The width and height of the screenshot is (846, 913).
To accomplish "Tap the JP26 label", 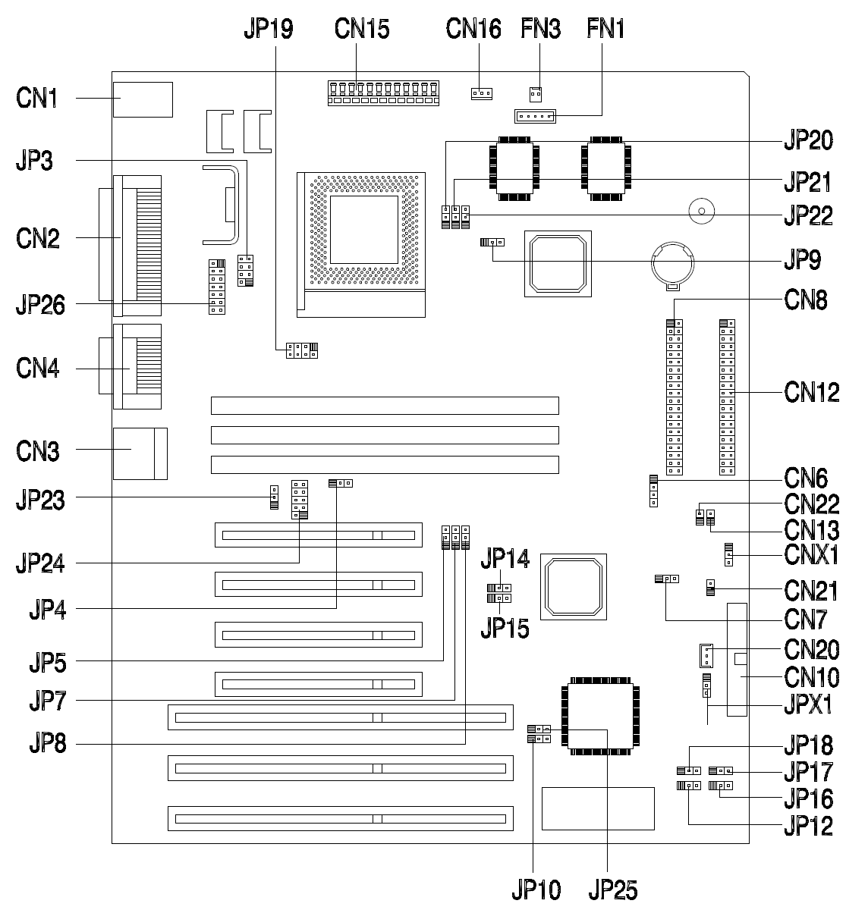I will click(40, 306).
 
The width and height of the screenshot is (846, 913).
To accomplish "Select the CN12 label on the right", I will click(812, 392).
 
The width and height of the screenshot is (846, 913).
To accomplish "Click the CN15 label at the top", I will click(362, 29).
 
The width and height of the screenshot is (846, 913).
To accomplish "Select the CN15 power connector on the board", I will click(384, 93).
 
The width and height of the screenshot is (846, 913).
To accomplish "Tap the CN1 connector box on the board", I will click(143, 99).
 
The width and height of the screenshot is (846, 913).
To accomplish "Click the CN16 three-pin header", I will click(481, 94).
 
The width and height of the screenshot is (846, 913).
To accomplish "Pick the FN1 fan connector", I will click(536, 116).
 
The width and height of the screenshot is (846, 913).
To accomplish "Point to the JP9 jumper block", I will click(492, 243).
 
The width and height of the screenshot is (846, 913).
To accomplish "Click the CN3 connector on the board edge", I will click(140, 453).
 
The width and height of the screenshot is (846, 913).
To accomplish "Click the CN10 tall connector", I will click(737, 660).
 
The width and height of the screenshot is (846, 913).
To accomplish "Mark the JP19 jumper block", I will click(302, 350).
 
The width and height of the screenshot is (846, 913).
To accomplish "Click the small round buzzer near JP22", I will click(700, 211).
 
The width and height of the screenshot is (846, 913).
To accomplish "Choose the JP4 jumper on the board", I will click(341, 482).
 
